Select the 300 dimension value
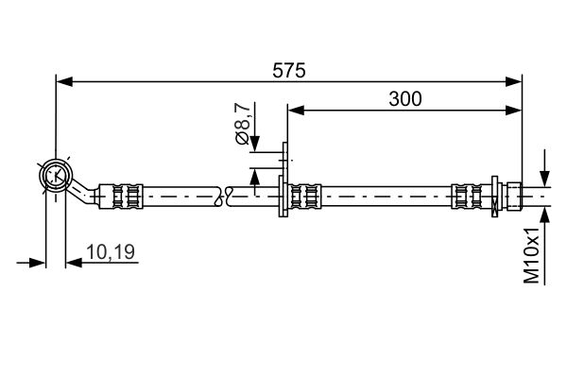pos(404,98)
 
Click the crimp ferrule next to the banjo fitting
pos(129,196)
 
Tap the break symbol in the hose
pos(225,196)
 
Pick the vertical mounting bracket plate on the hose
pos(283,184)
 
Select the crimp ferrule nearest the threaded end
pos(467,196)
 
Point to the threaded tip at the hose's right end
pos(534,196)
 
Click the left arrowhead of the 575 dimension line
pos(63,82)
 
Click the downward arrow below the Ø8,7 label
pos(254,142)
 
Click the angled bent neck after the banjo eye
pos(89,192)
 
